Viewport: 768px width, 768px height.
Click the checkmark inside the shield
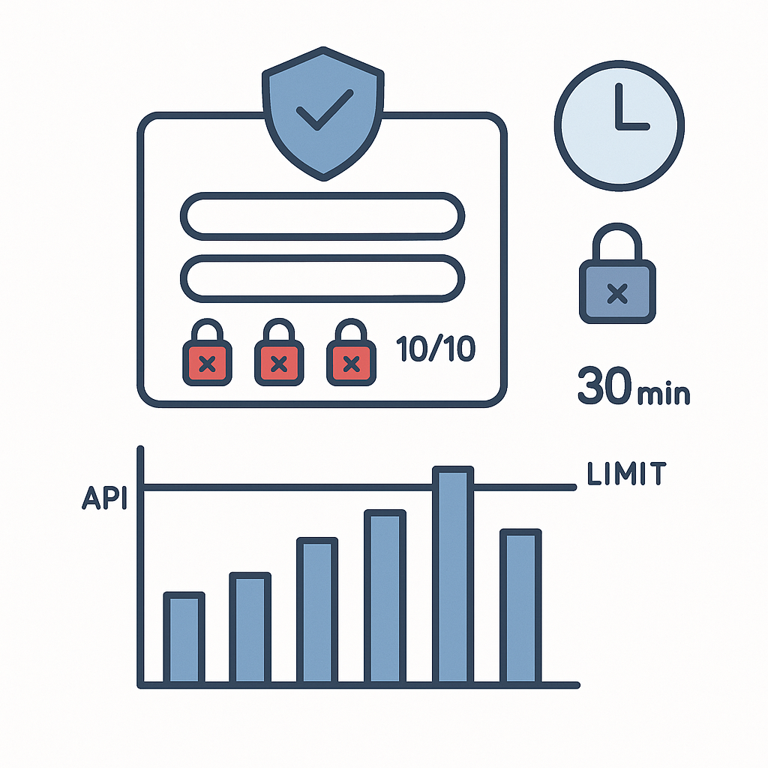(324, 109)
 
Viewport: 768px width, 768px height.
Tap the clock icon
(619, 125)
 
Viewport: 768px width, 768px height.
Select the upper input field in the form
(322, 217)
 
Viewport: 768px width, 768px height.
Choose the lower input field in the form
(322, 278)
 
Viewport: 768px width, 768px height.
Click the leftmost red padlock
(207, 352)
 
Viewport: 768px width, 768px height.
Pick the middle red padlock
(279, 352)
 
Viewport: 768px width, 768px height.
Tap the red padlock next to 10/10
(351, 352)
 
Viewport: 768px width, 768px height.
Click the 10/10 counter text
(436, 348)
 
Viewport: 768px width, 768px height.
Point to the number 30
(605, 385)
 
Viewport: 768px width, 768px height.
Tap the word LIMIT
(626, 473)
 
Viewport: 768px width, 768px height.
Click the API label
(105, 498)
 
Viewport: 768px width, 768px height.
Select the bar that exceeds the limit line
(453, 575)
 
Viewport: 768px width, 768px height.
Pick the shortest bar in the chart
(184, 638)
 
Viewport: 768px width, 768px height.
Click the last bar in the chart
(520, 607)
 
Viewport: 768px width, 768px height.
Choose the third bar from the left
(317, 610)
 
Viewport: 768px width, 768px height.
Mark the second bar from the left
(250, 628)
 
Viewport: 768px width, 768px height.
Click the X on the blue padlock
(617, 293)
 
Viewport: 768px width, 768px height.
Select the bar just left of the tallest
(385, 597)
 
